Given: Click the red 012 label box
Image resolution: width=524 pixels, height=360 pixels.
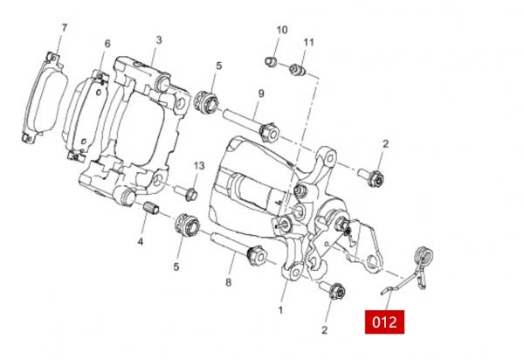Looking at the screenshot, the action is [x=384, y=322].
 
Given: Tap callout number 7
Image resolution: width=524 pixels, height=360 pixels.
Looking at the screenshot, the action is [x=64, y=28].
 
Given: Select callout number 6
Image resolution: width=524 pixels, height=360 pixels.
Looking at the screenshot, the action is [x=107, y=44].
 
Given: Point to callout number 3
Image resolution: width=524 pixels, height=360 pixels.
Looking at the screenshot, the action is [x=159, y=40].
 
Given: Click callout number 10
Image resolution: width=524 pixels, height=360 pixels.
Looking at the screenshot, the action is [x=282, y=30].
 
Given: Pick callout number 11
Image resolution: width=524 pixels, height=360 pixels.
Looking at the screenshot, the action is [x=309, y=43].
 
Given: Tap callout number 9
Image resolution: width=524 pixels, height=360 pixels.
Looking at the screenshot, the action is [x=261, y=93].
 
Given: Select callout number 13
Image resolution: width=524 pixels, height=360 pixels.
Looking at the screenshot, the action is [x=199, y=165].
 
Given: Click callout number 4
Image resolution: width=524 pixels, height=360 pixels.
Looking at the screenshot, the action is [x=141, y=241].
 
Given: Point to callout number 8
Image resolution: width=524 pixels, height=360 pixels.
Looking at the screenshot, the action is [x=228, y=282].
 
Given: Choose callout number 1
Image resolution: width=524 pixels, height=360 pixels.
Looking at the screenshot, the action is [x=280, y=310].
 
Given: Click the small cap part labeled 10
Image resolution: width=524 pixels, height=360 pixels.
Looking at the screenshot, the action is [x=271, y=62].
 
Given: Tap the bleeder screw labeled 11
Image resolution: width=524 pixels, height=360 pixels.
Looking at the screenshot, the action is [x=298, y=70].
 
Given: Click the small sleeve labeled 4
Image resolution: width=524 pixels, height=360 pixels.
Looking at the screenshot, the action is [x=151, y=208].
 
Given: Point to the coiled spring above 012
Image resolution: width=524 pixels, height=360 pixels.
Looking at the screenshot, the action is [x=423, y=256].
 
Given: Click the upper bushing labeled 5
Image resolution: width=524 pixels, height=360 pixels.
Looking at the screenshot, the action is [x=207, y=101].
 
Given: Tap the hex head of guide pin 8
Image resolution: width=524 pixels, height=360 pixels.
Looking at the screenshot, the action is [x=257, y=256].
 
